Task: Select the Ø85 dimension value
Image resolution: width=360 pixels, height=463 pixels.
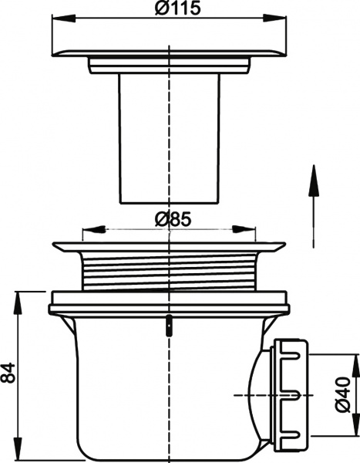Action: tap(171, 219)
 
